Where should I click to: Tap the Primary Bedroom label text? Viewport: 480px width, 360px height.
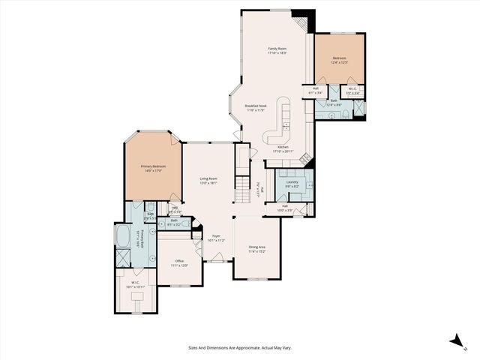pyautogui.click(x=153, y=168)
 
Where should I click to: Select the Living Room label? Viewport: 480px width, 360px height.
pyautogui.click(x=208, y=181)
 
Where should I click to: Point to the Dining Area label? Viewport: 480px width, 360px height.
pyautogui.click(x=257, y=249)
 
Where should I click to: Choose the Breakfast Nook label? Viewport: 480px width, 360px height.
pyautogui.click(x=256, y=108)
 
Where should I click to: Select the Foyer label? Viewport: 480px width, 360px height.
pyautogui.click(x=216, y=238)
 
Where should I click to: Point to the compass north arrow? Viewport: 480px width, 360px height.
pyautogui.click(x=456, y=340)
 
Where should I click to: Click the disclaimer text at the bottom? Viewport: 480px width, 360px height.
pyautogui.click(x=240, y=347)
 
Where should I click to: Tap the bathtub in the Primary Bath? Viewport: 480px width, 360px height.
pyautogui.click(x=122, y=238)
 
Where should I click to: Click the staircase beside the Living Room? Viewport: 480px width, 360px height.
pyautogui.click(x=241, y=187)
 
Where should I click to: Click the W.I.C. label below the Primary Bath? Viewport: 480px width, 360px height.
pyautogui.click(x=136, y=284)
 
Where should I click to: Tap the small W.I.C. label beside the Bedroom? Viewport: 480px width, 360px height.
pyautogui.click(x=353, y=91)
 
